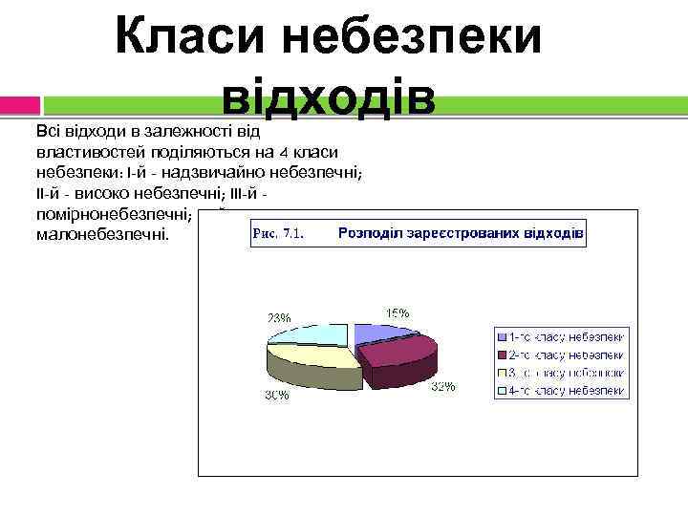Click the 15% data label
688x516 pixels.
[398, 312]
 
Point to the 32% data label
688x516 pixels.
[442, 387]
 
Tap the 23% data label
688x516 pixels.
[279, 317]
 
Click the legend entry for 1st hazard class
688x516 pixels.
[560, 336]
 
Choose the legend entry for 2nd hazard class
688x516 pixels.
[560, 355]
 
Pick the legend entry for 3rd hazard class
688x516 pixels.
[560, 373]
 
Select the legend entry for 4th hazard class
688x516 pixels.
[560, 391]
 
